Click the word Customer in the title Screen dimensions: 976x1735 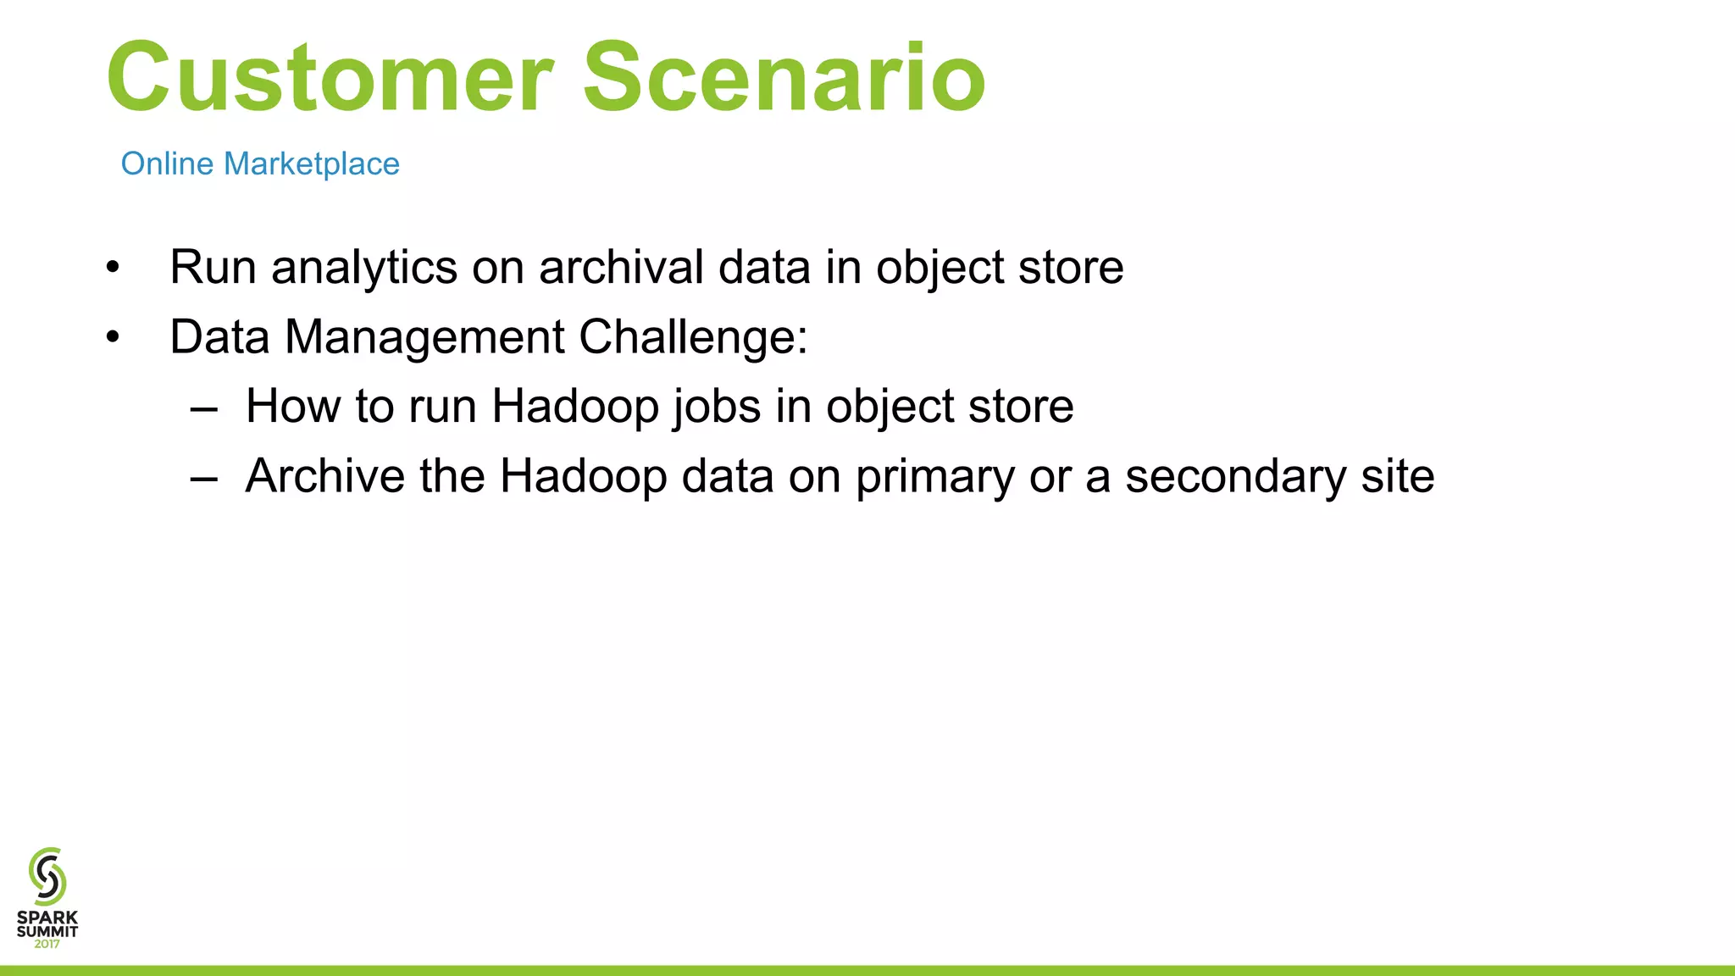[x=330, y=78]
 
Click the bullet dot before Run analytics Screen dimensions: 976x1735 [x=114, y=269]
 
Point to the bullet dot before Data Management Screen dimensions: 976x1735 [x=114, y=338]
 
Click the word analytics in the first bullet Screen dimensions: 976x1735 [x=363, y=268]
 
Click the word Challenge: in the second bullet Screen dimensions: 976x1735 [x=693, y=337]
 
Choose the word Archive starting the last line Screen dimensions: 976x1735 [x=324, y=476]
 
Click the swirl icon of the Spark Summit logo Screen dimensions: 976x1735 [x=47, y=876]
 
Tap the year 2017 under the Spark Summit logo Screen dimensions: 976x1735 [x=47, y=944]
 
